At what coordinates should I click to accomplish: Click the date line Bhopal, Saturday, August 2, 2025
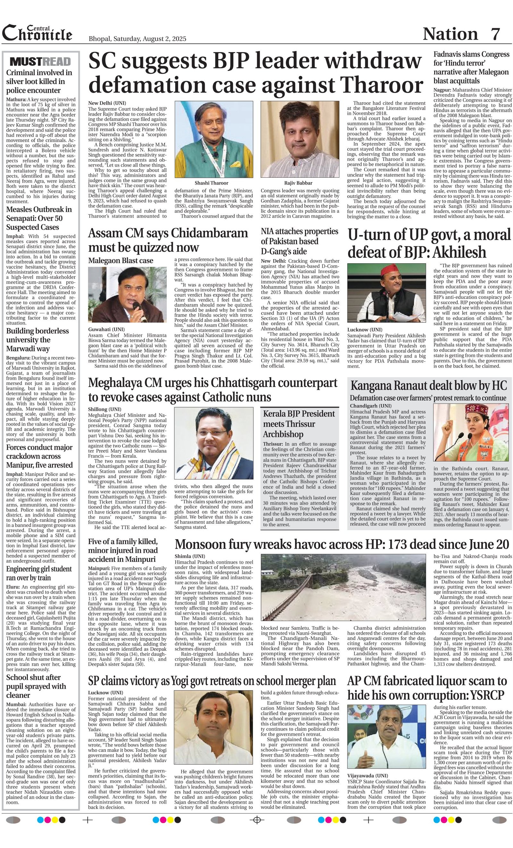(x=137, y=39)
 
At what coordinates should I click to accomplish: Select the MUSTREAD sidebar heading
(x=40, y=62)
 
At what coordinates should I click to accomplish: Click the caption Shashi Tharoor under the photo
(x=211, y=183)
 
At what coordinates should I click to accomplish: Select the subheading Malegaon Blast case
(x=121, y=260)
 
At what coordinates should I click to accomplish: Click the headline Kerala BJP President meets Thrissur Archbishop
(x=299, y=424)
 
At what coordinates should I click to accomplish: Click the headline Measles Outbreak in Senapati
(x=39, y=218)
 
